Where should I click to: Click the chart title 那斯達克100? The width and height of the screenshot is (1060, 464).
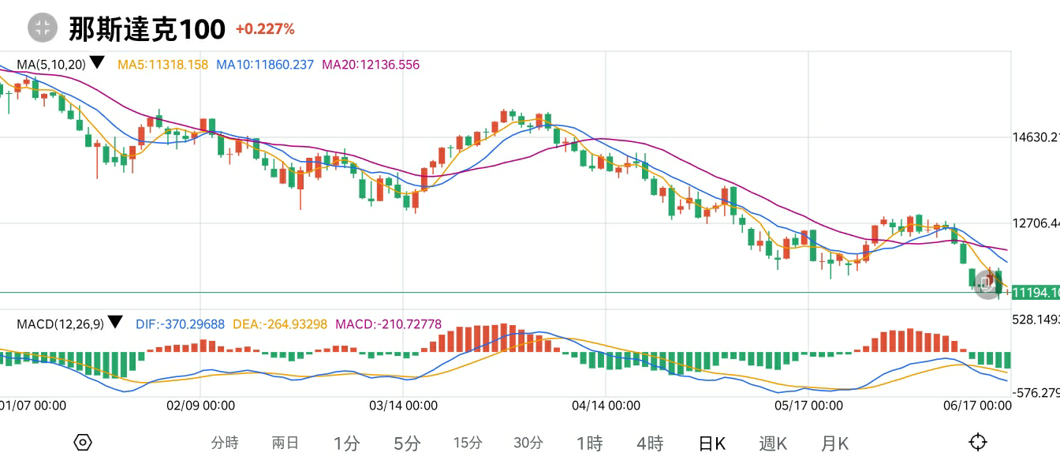(x=147, y=29)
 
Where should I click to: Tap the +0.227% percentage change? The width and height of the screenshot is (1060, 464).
(x=265, y=29)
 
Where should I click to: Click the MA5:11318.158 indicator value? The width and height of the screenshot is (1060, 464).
(x=162, y=65)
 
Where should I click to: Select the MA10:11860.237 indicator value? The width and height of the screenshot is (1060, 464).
(x=265, y=65)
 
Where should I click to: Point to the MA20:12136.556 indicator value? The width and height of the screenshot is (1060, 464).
(x=371, y=65)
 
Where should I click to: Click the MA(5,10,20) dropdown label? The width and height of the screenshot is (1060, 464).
(x=60, y=64)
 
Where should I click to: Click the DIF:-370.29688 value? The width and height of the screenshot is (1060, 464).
(x=180, y=324)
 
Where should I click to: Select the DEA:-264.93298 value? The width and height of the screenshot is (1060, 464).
(x=281, y=324)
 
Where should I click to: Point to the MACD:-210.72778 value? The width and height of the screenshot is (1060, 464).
(x=389, y=324)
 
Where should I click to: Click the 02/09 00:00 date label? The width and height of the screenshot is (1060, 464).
(x=200, y=406)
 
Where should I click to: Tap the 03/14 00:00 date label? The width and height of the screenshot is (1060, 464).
(x=403, y=406)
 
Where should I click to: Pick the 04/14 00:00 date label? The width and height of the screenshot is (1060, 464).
(x=606, y=406)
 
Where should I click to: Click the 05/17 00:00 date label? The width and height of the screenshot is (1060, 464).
(x=808, y=406)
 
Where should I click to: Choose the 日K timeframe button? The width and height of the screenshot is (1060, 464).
(x=712, y=443)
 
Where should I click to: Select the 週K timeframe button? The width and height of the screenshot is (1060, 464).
(x=773, y=443)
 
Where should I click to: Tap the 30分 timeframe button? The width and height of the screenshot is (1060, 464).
(x=528, y=443)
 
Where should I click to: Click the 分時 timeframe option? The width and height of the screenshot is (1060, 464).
(x=225, y=443)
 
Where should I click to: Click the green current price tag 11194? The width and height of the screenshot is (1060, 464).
(x=1034, y=293)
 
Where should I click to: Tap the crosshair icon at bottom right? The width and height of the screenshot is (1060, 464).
(x=978, y=442)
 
